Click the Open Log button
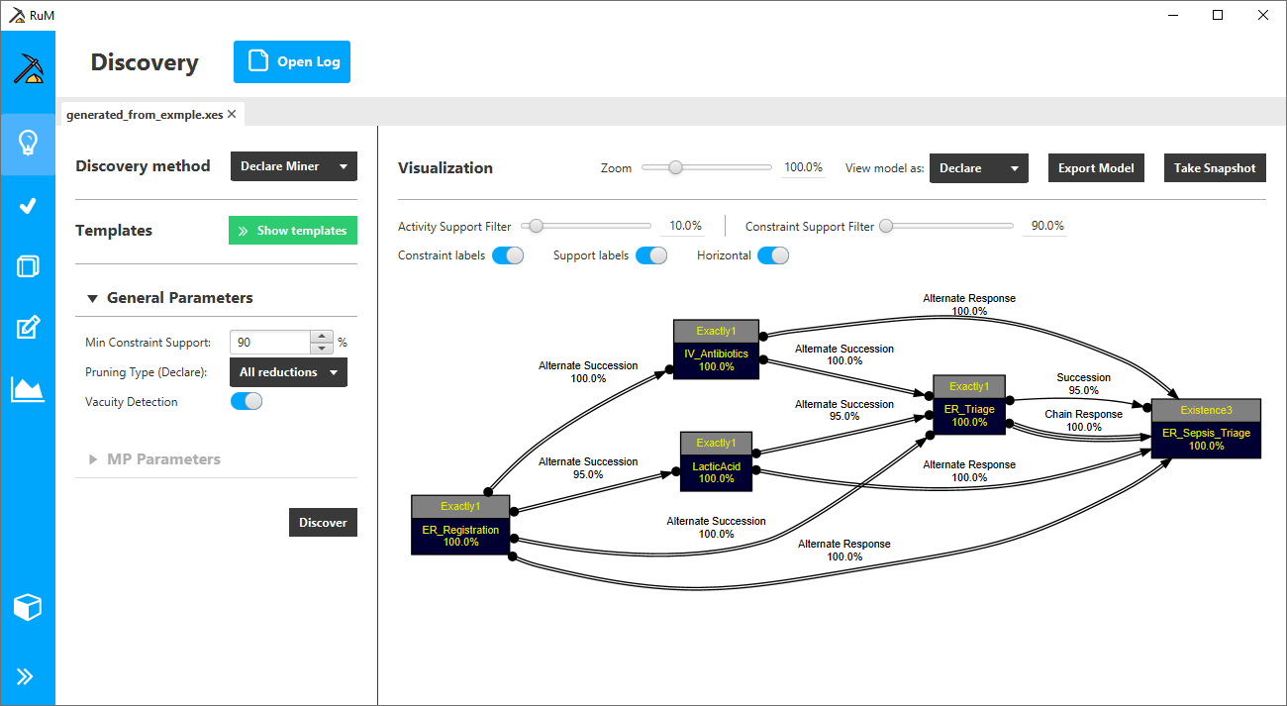click(x=292, y=61)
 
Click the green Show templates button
click(x=293, y=231)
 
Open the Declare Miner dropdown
click(x=294, y=166)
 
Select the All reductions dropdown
click(x=288, y=372)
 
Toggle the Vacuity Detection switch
click(x=247, y=401)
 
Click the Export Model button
click(x=1096, y=167)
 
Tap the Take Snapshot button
click(x=1215, y=167)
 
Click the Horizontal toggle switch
click(x=773, y=255)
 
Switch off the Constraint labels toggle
click(x=508, y=255)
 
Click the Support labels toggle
click(x=651, y=255)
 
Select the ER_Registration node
click(x=460, y=525)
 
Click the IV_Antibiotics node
click(x=716, y=350)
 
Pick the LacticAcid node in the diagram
click(x=716, y=461)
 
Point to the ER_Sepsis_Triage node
click(x=1206, y=429)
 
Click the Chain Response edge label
click(x=1083, y=414)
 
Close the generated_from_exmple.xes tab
click(x=232, y=114)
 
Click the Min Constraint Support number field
click(x=270, y=343)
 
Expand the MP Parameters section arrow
click(x=92, y=459)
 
